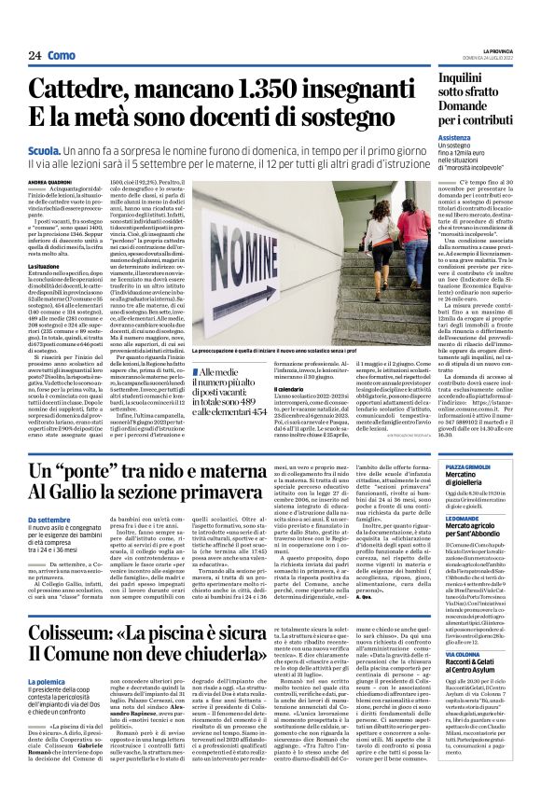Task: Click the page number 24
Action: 34,55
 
